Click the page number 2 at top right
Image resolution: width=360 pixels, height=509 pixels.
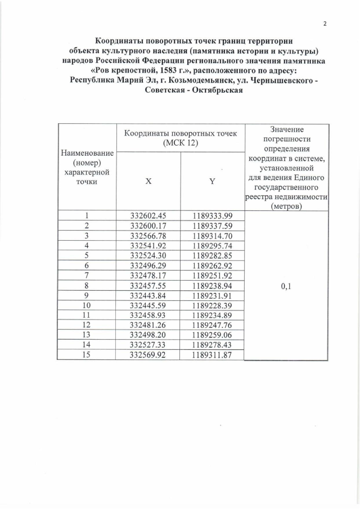(325, 23)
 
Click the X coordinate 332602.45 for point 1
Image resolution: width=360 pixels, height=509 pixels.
(148, 215)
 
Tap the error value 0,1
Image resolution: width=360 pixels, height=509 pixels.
(286, 285)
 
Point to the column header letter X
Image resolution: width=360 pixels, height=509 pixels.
(148, 182)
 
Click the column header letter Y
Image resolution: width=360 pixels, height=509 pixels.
(212, 182)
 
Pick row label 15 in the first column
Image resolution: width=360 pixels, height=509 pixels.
(87, 355)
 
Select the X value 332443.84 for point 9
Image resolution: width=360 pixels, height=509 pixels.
(148, 295)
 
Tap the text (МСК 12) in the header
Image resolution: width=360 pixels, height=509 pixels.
(181, 143)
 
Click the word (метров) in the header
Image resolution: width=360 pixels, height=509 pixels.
(286, 206)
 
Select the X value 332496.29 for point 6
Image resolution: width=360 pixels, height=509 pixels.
(148, 265)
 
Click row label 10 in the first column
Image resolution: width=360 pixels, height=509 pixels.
(87, 305)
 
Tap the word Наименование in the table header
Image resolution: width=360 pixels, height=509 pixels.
(87, 153)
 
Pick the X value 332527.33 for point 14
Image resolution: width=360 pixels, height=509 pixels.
(148, 345)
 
